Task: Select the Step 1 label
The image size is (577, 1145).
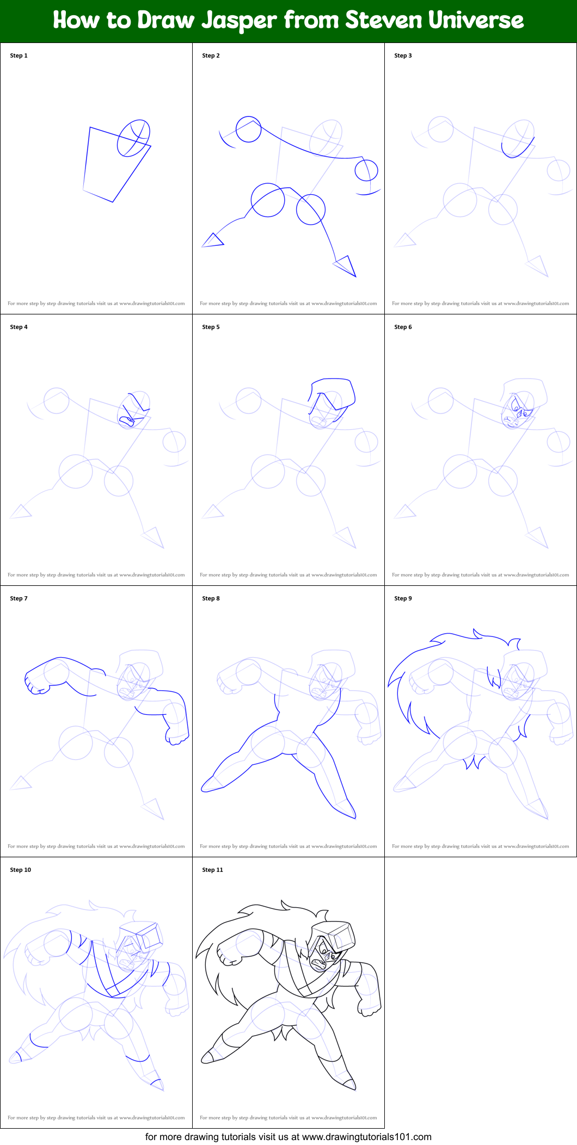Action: [x=19, y=55]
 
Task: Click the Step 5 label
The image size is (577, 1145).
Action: [x=211, y=327]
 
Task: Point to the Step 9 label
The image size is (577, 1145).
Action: [x=403, y=598]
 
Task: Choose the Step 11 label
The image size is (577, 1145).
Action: [x=212, y=870]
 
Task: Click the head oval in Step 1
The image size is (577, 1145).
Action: [x=133, y=138]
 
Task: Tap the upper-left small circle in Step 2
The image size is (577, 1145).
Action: [x=248, y=129]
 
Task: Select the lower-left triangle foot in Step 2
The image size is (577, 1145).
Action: [x=213, y=240]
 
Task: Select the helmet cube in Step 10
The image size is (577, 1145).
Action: [x=149, y=937]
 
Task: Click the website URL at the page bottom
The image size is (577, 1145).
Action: [x=366, y=1137]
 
